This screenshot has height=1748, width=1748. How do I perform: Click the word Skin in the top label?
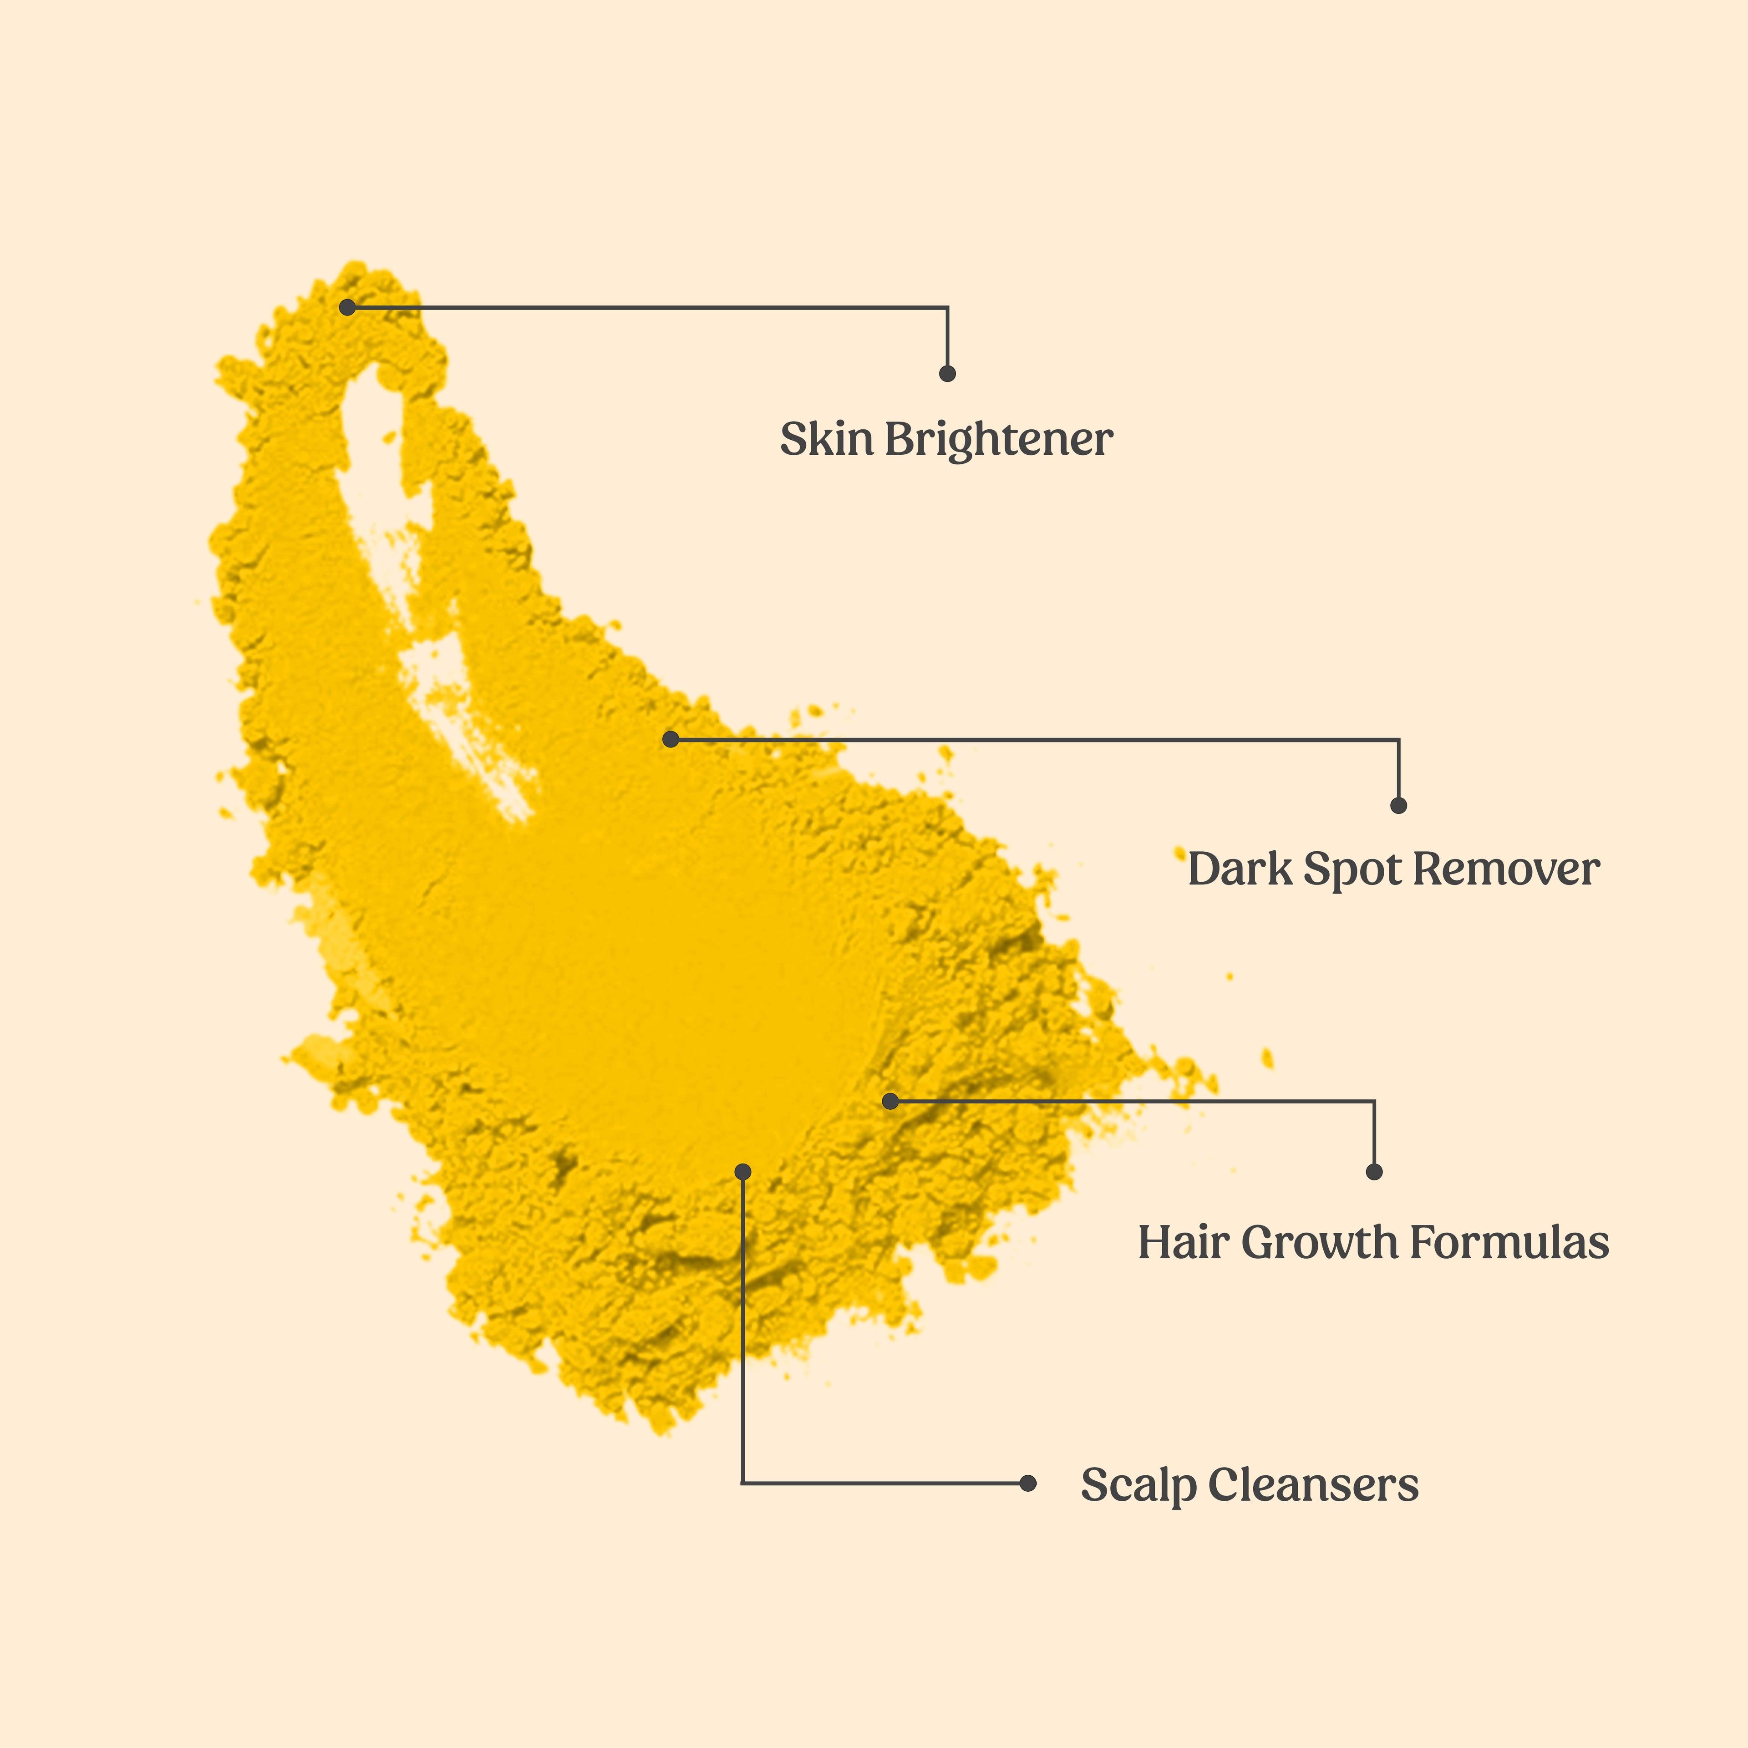826,440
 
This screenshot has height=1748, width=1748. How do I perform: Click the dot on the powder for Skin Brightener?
347,308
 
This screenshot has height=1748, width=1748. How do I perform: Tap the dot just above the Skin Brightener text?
947,374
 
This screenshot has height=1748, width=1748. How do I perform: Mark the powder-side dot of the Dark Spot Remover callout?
671,739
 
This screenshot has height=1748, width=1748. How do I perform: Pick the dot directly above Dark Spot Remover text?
1399,805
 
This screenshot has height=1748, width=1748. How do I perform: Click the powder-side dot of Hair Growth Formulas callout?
890,1101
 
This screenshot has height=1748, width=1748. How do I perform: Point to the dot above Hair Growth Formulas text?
1374,1172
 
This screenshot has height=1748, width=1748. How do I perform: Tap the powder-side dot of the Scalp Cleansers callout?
743,1172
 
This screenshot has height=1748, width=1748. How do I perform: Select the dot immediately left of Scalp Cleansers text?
1028,1483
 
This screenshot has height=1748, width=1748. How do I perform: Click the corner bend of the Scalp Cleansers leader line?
743,1483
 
